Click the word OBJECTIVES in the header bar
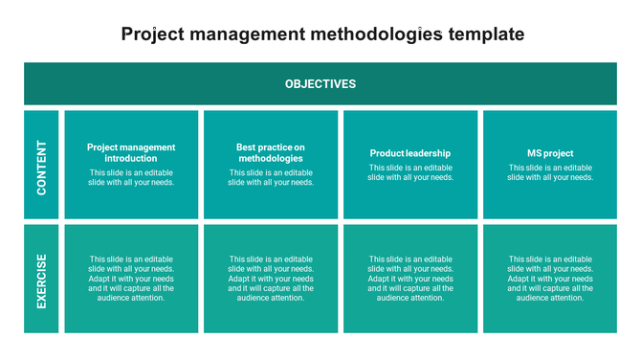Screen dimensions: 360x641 320,84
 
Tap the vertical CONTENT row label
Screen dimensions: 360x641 42,168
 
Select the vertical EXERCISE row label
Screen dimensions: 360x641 42,281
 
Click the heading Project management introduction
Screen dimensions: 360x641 131,153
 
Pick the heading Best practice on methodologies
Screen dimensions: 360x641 271,153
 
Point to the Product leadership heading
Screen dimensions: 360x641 410,153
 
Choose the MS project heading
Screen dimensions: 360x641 550,153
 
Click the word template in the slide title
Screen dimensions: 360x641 486,34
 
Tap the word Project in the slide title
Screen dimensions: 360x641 156,34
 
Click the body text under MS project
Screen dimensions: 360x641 550,172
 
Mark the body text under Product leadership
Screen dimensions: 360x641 410,172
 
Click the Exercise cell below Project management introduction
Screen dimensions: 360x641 131,279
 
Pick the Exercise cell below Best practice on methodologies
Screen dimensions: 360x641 271,279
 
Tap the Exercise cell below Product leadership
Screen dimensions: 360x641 410,279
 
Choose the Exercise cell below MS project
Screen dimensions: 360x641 550,279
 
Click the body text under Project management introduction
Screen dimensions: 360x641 131,177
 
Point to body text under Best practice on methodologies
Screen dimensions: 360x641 271,177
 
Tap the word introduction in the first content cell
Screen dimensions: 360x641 131,159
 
